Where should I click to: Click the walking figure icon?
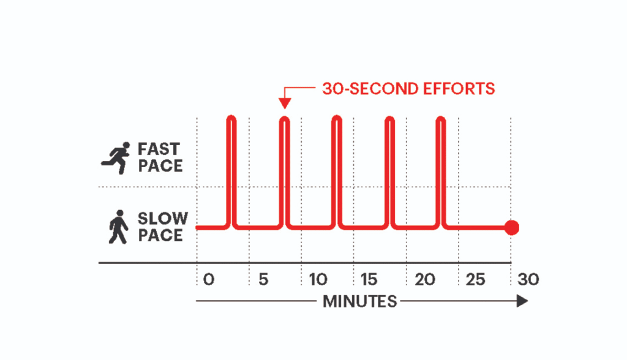pyautogui.click(x=118, y=227)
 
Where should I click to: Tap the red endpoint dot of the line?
pyautogui.click(x=512, y=228)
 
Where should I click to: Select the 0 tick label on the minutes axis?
pyautogui.click(x=209, y=280)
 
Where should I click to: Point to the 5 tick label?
pyautogui.click(x=263, y=280)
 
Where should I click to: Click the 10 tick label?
pyautogui.click(x=318, y=280)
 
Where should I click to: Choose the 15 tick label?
pyautogui.click(x=369, y=280)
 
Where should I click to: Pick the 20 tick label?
pyautogui.click(x=424, y=280)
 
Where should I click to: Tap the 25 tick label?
pyautogui.click(x=476, y=280)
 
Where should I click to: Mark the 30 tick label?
pyautogui.click(x=528, y=280)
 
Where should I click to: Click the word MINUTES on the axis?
pyautogui.click(x=359, y=301)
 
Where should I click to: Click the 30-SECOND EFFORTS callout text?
pyautogui.click(x=408, y=88)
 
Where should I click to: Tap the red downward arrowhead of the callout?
pyautogui.click(x=283, y=104)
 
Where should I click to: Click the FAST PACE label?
pyautogui.click(x=160, y=157)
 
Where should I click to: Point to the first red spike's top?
pyautogui.click(x=231, y=118)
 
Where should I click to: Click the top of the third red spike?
pyautogui.click(x=336, y=118)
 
